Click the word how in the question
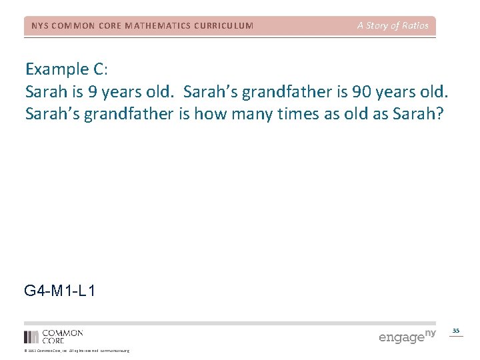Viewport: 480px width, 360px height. pyautogui.click(x=206, y=114)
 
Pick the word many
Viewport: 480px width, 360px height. pyautogui.click(x=247, y=114)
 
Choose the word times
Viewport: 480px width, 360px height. pyautogui.click(x=295, y=114)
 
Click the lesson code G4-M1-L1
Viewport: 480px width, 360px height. pyautogui.click(x=59, y=291)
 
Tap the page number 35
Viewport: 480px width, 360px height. pyautogui.click(x=456, y=331)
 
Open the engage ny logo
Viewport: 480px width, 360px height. pyautogui.click(x=407, y=336)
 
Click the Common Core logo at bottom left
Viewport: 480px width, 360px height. pyautogui.click(x=53, y=336)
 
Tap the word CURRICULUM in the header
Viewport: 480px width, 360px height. pyautogui.click(x=224, y=26)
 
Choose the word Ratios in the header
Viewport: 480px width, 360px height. pyautogui.click(x=414, y=26)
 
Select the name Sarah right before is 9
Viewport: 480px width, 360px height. pyautogui.click(x=45, y=91)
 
